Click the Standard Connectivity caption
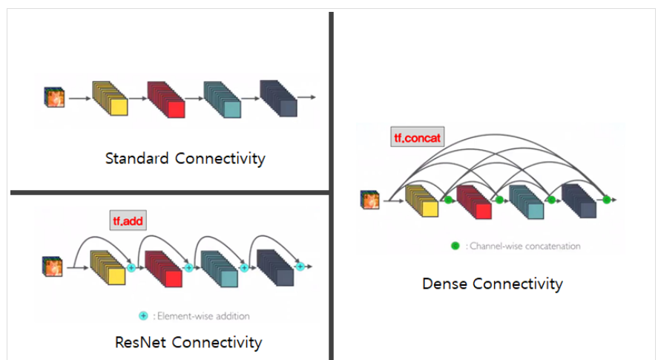[x=185, y=158]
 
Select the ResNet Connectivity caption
[x=188, y=342]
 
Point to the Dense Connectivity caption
[x=492, y=284]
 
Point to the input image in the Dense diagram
[x=369, y=200]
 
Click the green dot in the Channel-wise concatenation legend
[x=455, y=246]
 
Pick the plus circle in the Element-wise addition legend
[x=143, y=315]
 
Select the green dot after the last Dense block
[x=606, y=200]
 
